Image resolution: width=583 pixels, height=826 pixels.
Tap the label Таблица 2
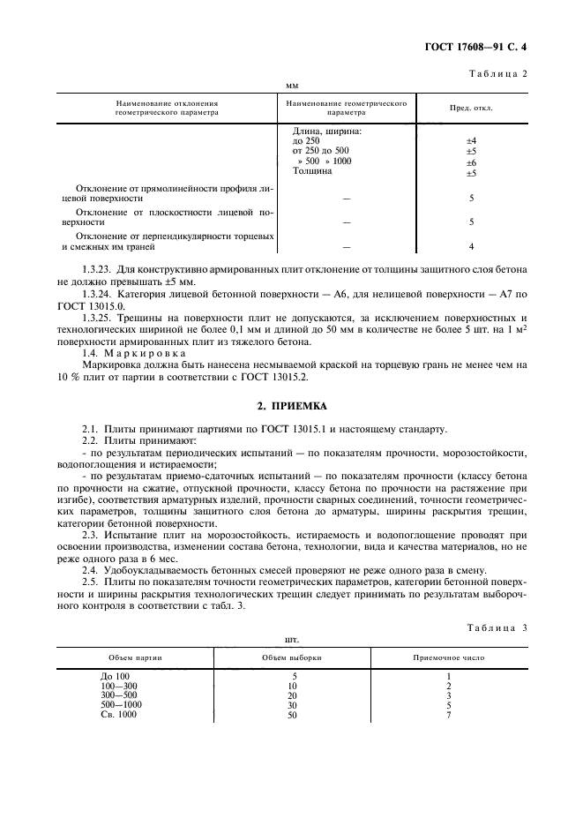[x=497, y=73]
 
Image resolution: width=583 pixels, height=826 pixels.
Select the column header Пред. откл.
[x=472, y=109]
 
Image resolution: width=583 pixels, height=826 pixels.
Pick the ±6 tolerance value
[x=471, y=162]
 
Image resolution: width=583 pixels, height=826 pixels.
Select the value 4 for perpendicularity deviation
[x=472, y=247]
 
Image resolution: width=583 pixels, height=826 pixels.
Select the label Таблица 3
[x=497, y=627]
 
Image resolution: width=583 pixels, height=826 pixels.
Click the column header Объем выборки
[x=292, y=658]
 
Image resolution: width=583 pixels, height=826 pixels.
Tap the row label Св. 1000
[x=120, y=714]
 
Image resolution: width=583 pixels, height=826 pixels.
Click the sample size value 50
[x=292, y=714]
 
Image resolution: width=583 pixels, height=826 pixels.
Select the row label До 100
[x=115, y=676]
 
